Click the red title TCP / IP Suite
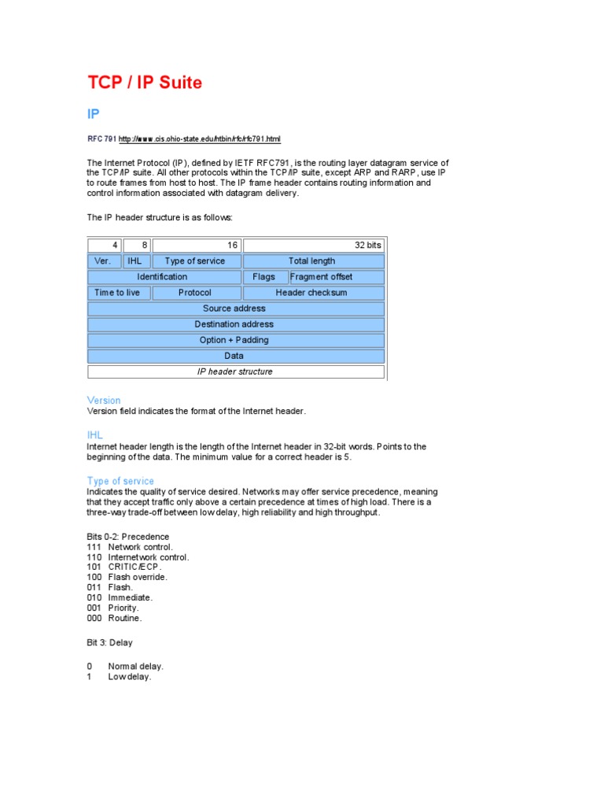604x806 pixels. tap(144, 83)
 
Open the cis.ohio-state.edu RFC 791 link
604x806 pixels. tap(199, 139)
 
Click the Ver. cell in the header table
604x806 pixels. tap(103, 261)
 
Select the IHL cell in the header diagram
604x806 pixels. tap(134, 261)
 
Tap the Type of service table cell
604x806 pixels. tap(195, 261)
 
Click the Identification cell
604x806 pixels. tap(163, 277)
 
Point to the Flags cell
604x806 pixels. tap(264, 277)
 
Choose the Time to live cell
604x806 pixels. tap(117, 293)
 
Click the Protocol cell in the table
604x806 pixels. tap(195, 293)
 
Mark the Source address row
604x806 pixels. tap(234, 309)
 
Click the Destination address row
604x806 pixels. tap(234, 324)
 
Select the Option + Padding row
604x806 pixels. tap(234, 340)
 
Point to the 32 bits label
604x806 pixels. tap(367, 246)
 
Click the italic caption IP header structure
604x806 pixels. tap(234, 372)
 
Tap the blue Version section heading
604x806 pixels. tap(104, 401)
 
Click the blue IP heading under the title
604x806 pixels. tap(94, 114)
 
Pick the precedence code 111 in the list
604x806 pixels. tap(94, 547)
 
